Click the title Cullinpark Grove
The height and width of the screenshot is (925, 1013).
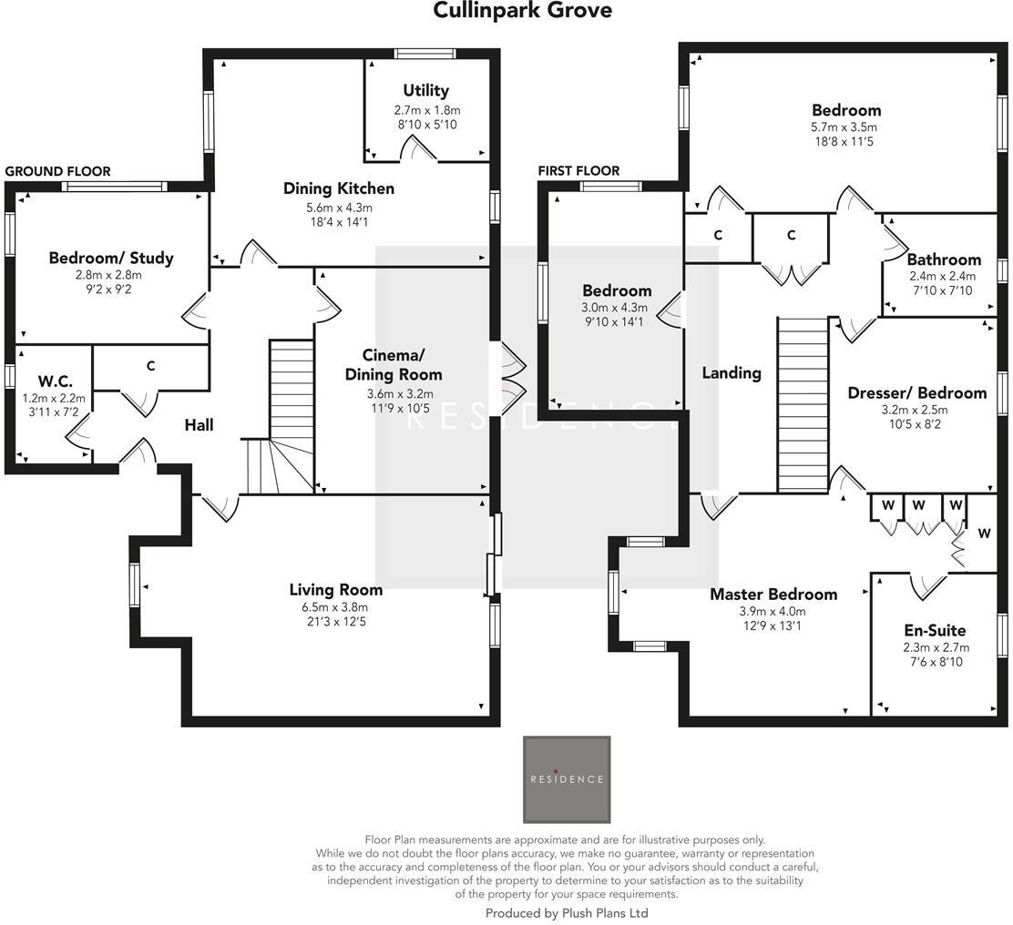[522, 11]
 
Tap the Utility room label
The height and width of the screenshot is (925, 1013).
[426, 90]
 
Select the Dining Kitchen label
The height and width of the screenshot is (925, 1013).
[339, 188]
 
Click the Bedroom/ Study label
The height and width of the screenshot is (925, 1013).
[110, 258]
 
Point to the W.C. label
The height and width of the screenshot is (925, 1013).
[55, 381]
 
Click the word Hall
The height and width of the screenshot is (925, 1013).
[199, 424]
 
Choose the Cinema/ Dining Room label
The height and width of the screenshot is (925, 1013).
[389, 364]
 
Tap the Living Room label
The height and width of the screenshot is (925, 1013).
[336, 589]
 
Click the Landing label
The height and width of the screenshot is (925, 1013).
[732, 372]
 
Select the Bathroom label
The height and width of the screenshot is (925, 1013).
[944, 259]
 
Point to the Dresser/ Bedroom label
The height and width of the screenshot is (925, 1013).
[916, 392]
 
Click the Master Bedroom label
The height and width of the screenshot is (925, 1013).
[773, 594]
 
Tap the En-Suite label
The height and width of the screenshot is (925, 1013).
[935, 630]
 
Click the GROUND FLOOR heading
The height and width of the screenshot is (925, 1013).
[58, 171]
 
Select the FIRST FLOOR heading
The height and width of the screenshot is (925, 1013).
[578, 170]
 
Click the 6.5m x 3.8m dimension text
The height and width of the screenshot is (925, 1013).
[336, 607]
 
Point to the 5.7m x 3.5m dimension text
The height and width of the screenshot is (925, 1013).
[846, 127]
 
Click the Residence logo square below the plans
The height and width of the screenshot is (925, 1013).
[567, 779]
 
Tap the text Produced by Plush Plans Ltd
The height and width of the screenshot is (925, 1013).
[567, 912]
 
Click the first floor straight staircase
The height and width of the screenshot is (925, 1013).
[803, 404]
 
